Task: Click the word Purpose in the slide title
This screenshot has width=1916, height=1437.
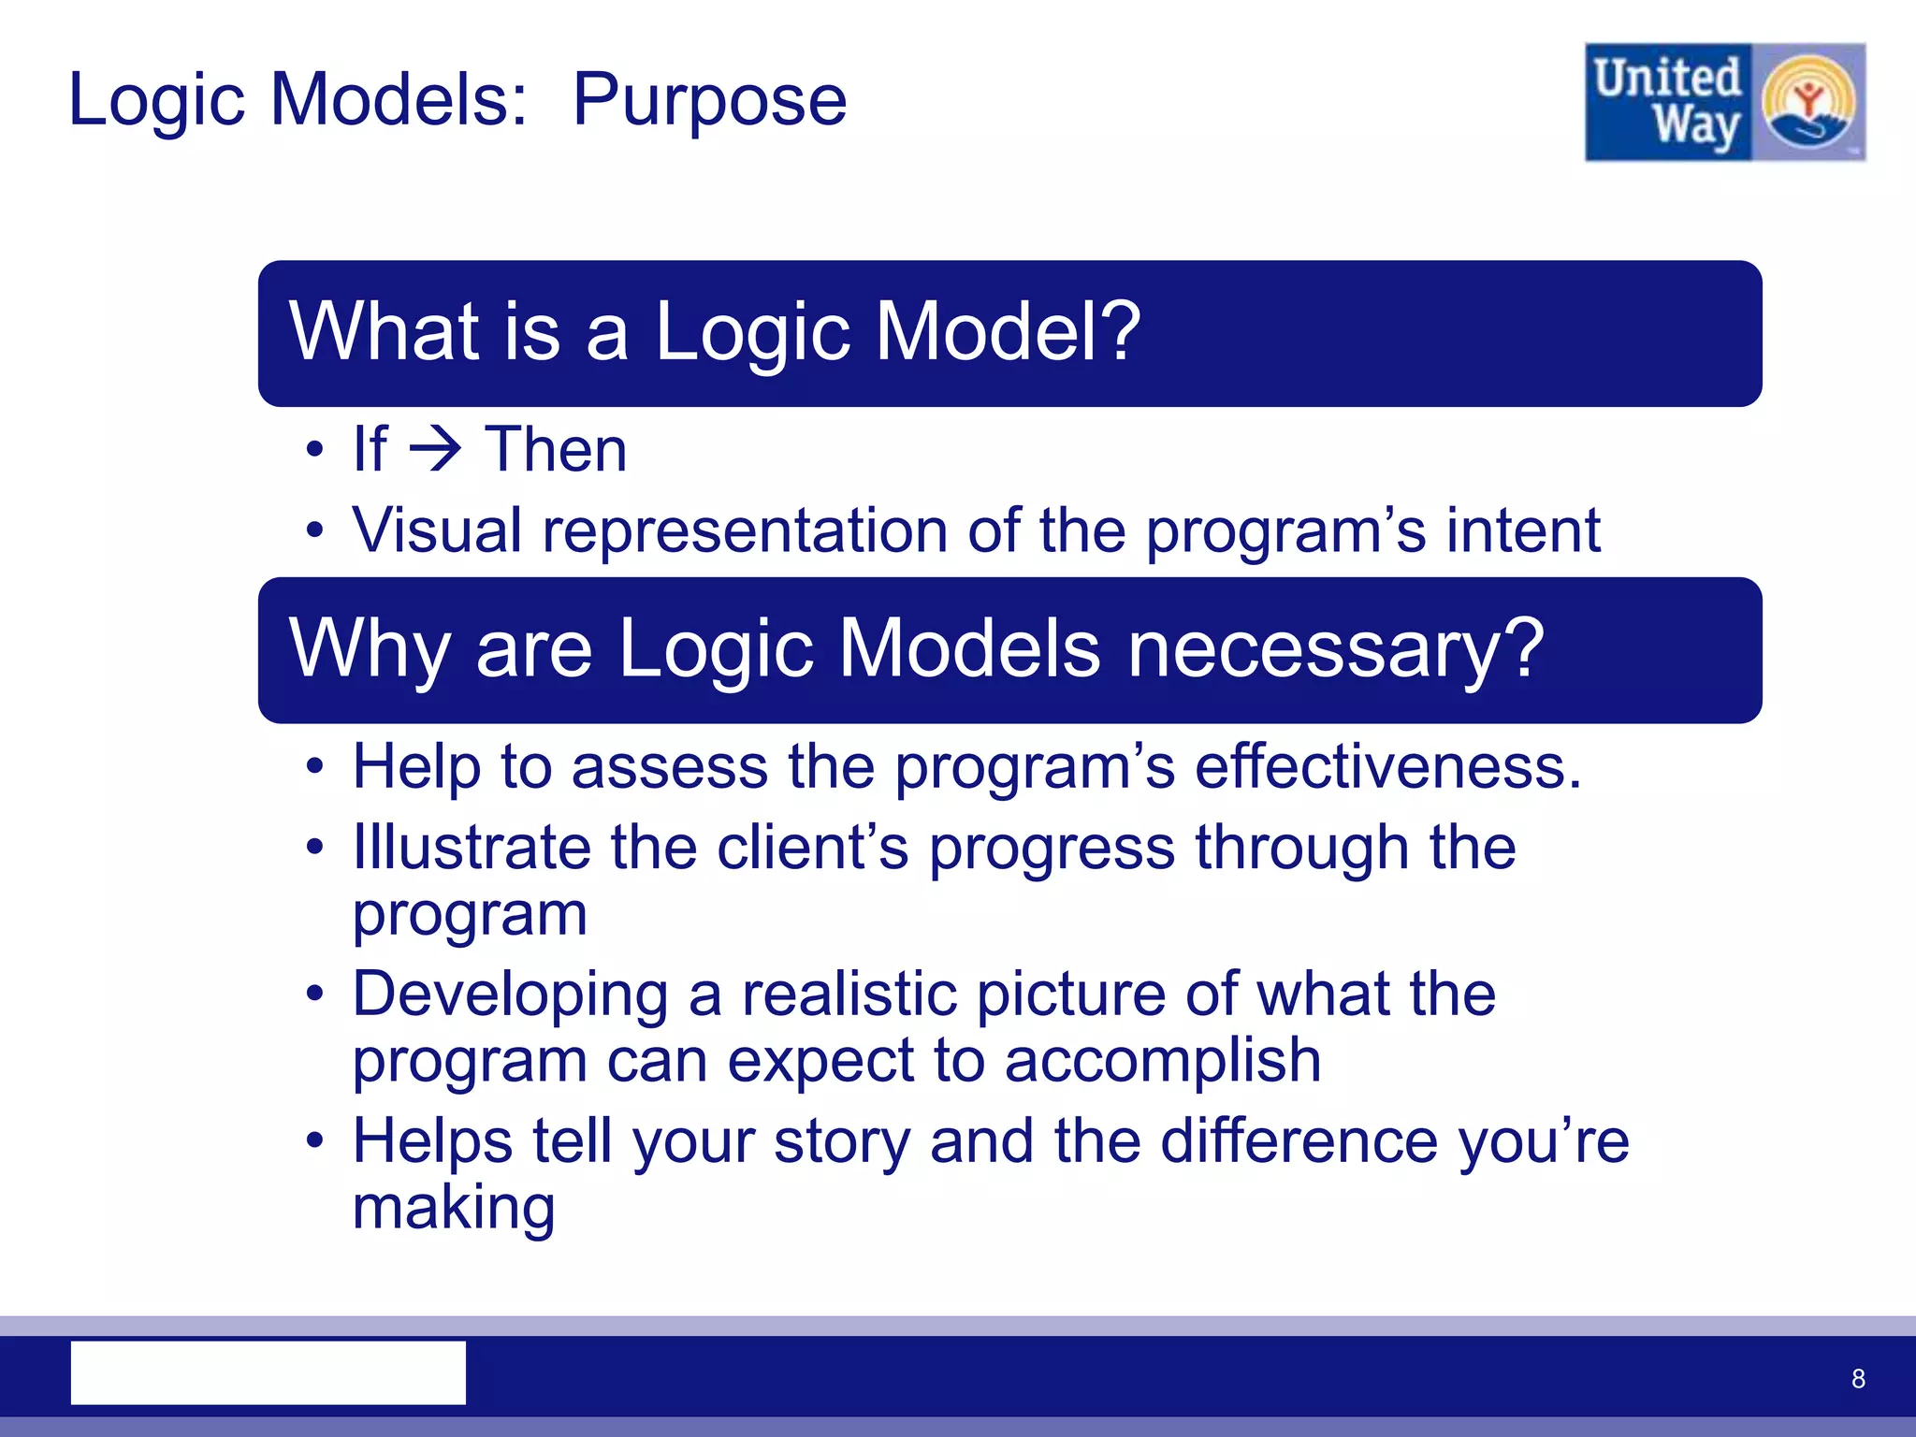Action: [x=709, y=101]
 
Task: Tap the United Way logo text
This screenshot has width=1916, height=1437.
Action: [x=1668, y=102]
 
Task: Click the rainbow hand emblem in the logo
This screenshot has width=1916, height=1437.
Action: [x=1808, y=103]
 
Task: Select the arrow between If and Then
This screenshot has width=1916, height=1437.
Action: [x=436, y=450]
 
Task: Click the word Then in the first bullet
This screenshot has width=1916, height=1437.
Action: [x=556, y=450]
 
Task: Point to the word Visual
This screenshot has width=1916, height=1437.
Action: [x=436, y=530]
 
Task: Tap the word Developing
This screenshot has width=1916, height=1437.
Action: [x=510, y=994]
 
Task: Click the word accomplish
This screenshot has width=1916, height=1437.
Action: [x=1163, y=1061]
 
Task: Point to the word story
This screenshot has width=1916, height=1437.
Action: [x=842, y=1142]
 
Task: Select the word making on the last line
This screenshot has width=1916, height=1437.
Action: [x=454, y=1208]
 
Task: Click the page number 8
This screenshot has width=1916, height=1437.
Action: [x=1858, y=1378]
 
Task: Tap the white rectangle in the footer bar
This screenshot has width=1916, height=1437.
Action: [x=269, y=1372]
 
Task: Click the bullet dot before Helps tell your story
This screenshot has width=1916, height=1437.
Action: [x=315, y=1141]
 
